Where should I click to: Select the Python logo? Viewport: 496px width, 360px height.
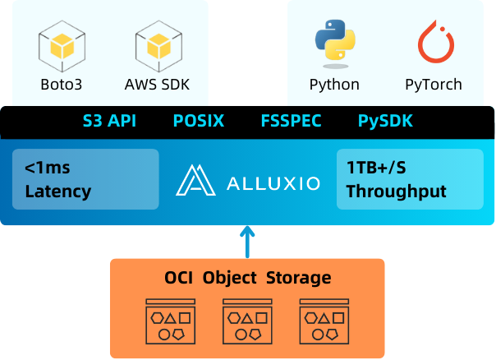[334, 45]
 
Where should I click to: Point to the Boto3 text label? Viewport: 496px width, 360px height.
[61, 84]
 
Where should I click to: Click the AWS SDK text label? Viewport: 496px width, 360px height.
[158, 84]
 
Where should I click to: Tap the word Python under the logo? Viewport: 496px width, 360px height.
[334, 84]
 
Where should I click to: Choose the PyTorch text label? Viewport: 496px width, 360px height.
[433, 84]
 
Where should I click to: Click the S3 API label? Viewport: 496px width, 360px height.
[109, 122]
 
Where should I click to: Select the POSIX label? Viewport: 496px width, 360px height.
[198, 122]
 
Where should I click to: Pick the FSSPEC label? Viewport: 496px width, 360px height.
[291, 122]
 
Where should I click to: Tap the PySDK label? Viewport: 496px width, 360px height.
[385, 122]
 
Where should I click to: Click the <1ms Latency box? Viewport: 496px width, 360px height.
[85, 179]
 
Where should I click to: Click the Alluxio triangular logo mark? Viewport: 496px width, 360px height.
[195, 180]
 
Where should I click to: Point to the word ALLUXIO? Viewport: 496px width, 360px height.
[273, 181]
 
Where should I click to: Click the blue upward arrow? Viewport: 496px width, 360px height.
[247, 242]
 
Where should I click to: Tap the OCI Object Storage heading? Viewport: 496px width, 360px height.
[247, 278]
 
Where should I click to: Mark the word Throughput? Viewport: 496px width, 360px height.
[397, 192]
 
